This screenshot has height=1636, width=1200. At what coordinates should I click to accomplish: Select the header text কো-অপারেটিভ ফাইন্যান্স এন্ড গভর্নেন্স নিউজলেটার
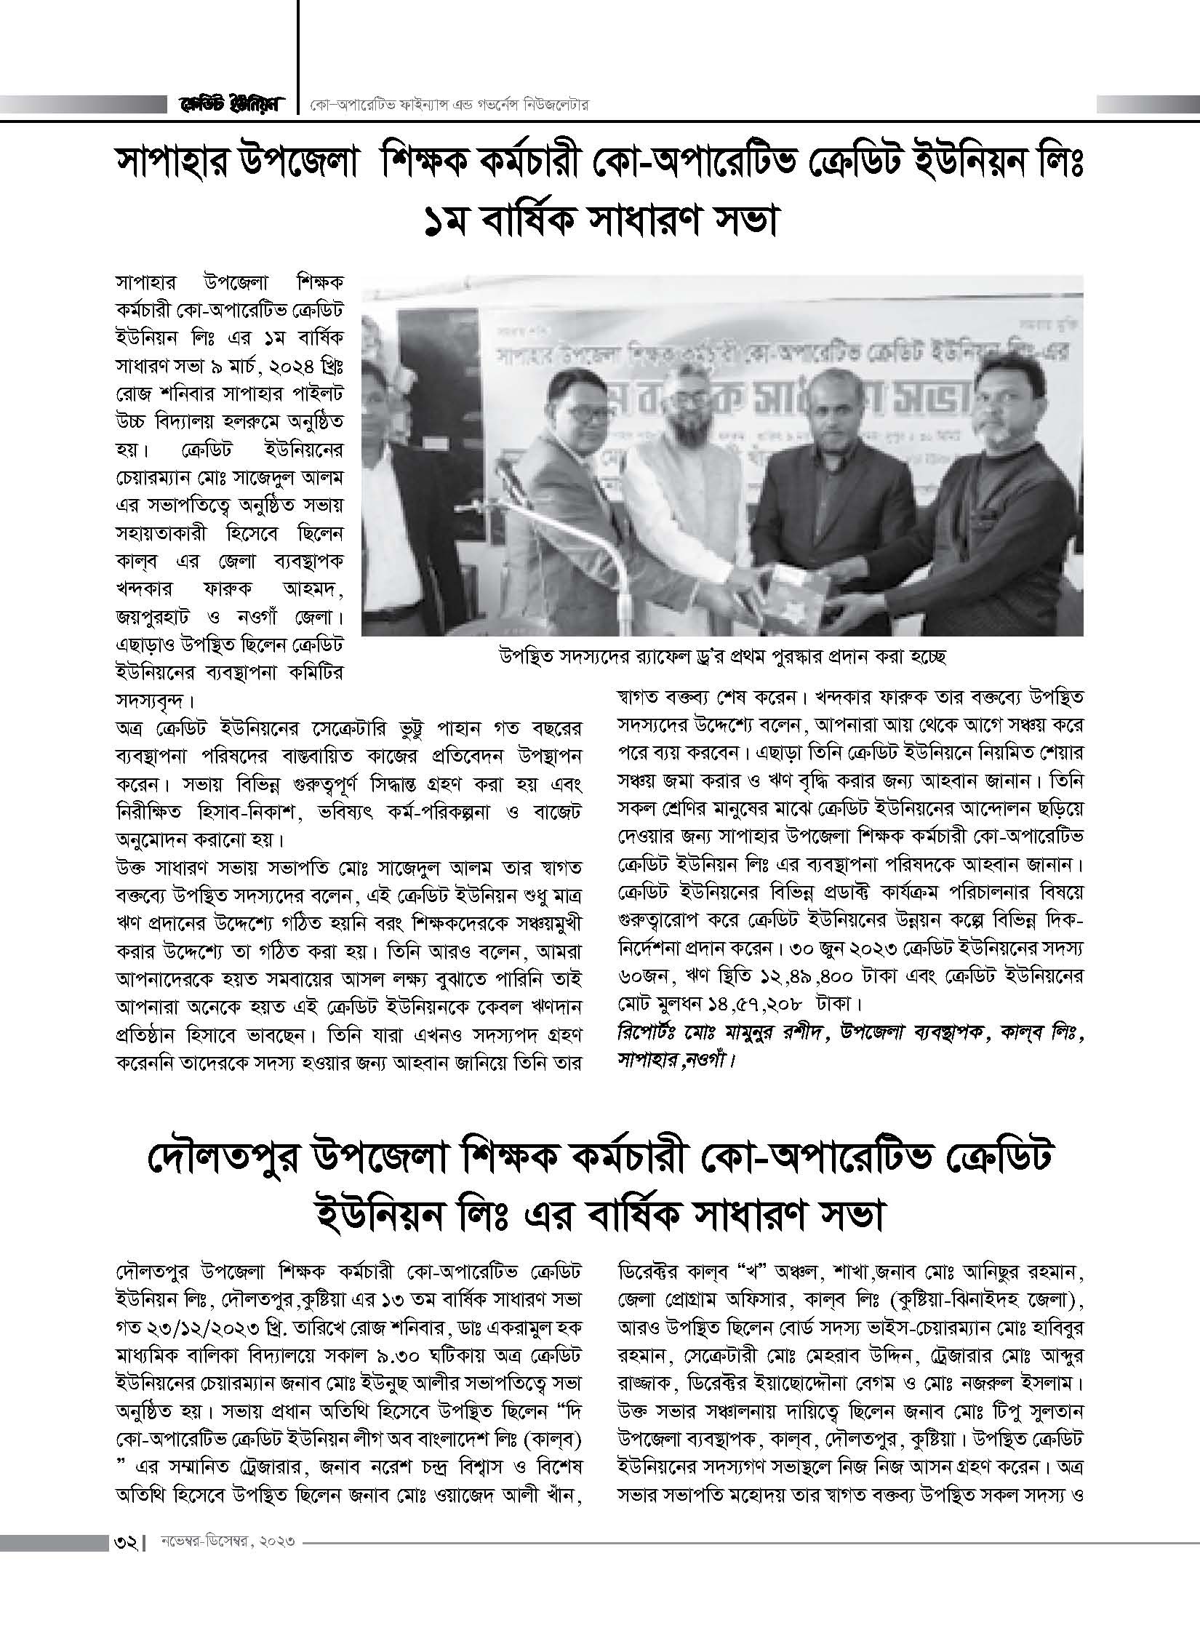coord(447,106)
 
